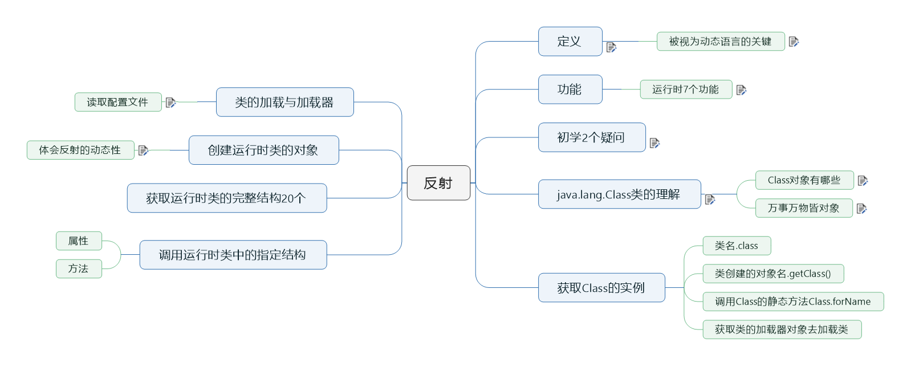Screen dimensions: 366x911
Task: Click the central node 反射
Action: [x=438, y=183]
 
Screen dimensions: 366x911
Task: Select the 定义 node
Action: [x=570, y=42]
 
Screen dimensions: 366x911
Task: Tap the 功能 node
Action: [x=570, y=90]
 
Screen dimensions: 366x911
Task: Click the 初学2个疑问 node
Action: [x=591, y=137]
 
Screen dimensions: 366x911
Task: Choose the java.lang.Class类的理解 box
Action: [x=619, y=194]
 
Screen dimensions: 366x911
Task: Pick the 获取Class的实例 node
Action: [x=601, y=288]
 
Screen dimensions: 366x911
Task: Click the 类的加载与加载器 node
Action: [x=284, y=102]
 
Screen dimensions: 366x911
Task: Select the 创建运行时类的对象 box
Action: [x=263, y=150]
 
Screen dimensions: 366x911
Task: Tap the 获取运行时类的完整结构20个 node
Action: [x=226, y=198]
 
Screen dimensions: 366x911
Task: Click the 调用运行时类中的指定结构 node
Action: [x=233, y=255]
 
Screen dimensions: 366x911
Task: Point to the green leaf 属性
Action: [x=79, y=241]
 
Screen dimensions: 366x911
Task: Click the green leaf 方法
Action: [x=79, y=269]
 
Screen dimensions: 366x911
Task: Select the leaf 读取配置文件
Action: [x=117, y=102]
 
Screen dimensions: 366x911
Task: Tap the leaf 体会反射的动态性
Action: [x=80, y=150]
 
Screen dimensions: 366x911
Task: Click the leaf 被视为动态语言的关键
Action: [x=720, y=42]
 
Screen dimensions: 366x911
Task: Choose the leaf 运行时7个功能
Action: [x=685, y=90]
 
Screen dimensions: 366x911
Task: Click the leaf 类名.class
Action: [x=736, y=246]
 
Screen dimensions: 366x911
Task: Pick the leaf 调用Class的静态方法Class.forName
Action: [x=792, y=302]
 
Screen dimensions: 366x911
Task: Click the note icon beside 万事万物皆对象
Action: [x=861, y=209]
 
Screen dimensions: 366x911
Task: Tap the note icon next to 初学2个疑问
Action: [x=654, y=143]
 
